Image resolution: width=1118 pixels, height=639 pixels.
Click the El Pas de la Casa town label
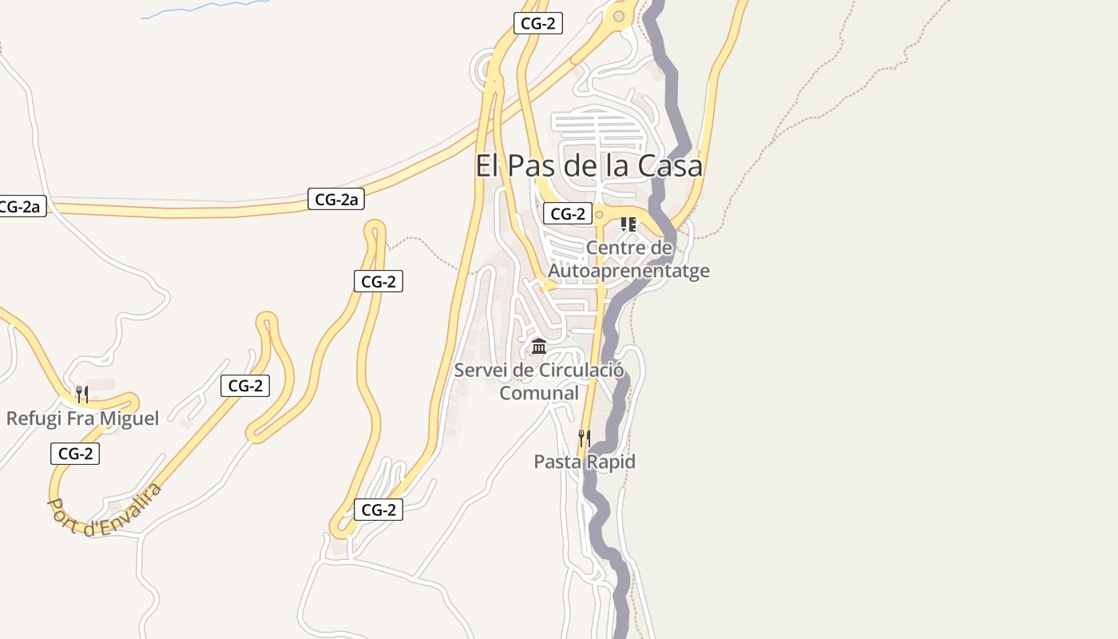589,166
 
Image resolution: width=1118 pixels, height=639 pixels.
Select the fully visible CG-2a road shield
336,200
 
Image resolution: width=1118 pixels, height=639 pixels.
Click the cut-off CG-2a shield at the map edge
21,207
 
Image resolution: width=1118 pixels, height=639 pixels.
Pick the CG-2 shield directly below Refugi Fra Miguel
75,454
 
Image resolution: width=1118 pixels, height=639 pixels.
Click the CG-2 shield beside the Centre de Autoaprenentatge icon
567,214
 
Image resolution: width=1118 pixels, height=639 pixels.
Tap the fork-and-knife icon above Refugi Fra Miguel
81,394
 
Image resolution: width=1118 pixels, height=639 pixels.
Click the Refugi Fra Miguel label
82,418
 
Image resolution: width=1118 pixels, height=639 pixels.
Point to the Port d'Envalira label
105,508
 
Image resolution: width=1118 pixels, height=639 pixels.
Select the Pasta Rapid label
585,462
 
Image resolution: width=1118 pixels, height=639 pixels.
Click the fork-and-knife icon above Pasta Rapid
585,438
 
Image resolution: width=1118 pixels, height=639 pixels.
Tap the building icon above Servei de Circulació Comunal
539,347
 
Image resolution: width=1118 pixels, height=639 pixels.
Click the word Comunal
539,393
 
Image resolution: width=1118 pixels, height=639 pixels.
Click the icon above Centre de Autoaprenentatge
628,224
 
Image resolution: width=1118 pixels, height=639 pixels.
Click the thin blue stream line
200,8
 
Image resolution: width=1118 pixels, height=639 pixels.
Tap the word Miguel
132,418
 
